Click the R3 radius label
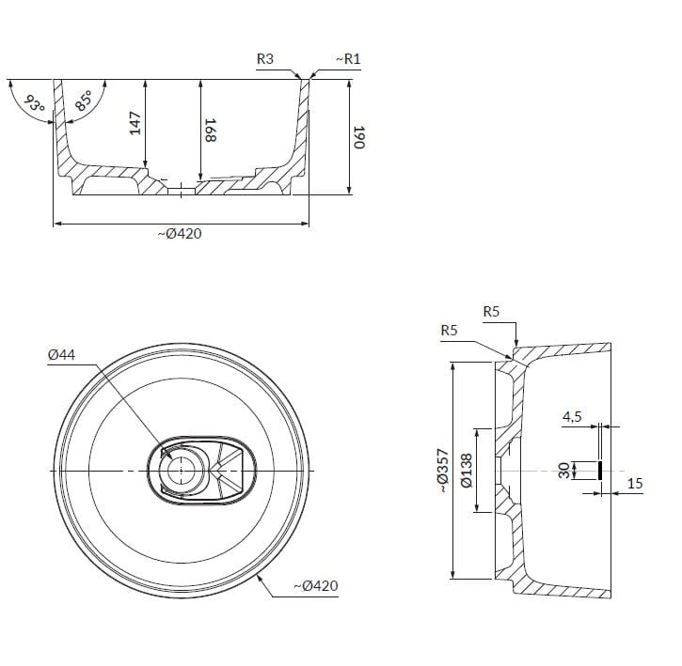click(x=265, y=59)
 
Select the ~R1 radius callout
click(x=348, y=59)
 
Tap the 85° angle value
click(x=84, y=101)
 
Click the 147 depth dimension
click(x=135, y=123)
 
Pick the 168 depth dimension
click(x=211, y=129)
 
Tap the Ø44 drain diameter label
click(x=61, y=354)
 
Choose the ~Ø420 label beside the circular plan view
click(x=315, y=586)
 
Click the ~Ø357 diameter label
click(x=441, y=471)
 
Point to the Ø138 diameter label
click(x=466, y=471)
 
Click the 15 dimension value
click(x=635, y=484)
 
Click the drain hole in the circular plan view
click(x=181, y=469)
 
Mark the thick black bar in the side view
click(x=600, y=470)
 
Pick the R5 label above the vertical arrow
click(x=491, y=311)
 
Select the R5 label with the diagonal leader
click(x=449, y=330)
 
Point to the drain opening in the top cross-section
click(x=181, y=191)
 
